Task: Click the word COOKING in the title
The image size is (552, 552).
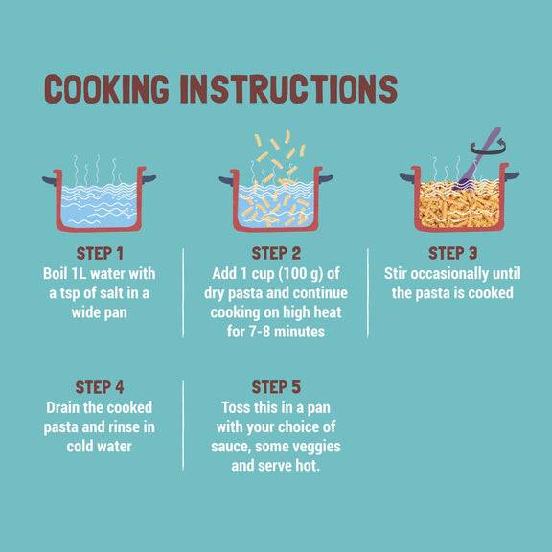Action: click(106, 89)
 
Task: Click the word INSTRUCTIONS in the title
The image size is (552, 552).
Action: click(288, 89)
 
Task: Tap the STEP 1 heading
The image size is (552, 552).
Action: click(100, 253)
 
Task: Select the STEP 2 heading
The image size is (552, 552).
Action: click(276, 253)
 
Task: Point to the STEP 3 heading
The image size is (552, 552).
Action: click(452, 253)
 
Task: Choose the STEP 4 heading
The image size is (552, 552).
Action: click(100, 387)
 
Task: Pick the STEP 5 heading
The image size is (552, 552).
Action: click(276, 387)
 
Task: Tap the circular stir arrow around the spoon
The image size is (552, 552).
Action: click(489, 149)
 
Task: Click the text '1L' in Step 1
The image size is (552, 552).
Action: click(79, 274)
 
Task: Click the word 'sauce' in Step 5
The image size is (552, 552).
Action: click(231, 448)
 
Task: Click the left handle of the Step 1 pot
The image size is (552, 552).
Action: click(49, 180)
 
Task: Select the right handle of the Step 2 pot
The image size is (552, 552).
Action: click(326, 178)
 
